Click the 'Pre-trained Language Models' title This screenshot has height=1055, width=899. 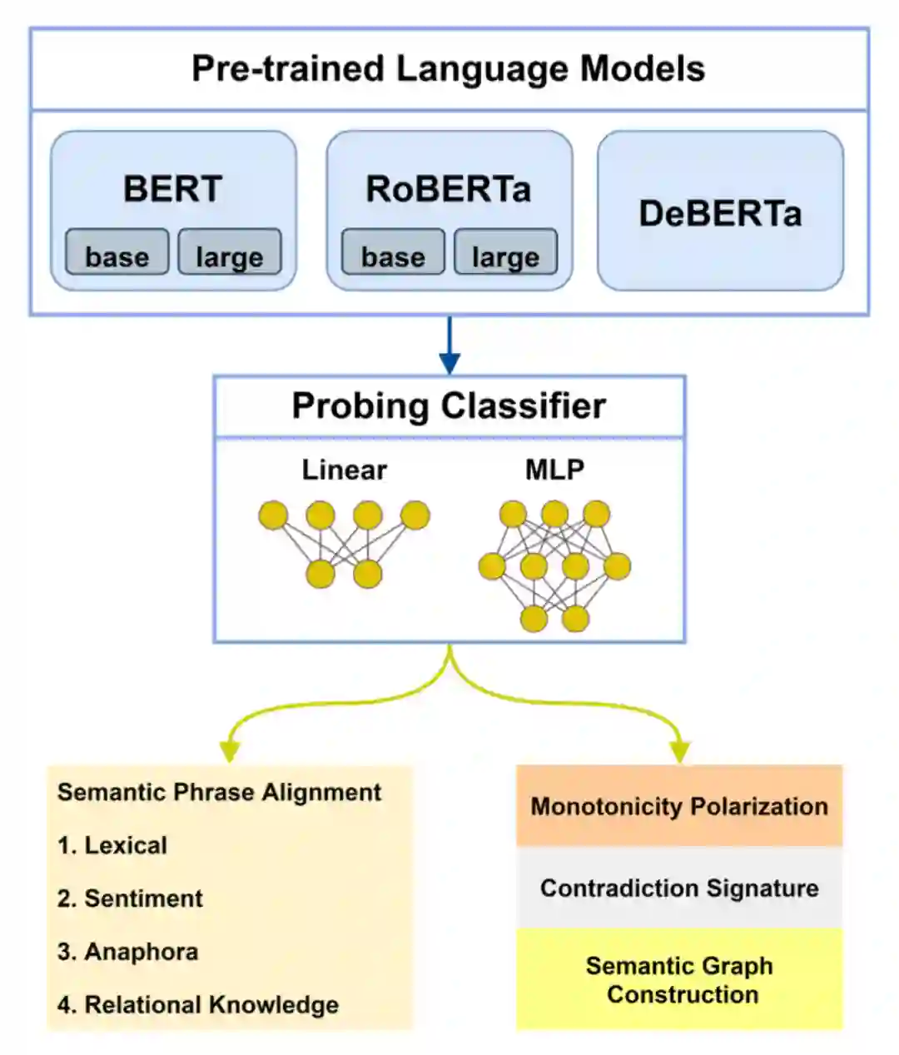(x=448, y=69)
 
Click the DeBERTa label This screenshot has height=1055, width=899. (x=720, y=214)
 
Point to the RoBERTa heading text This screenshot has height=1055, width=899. (x=449, y=189)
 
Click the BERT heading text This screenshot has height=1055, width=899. (x=173, y=189)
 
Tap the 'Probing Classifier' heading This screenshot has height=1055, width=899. (x=449, y=406)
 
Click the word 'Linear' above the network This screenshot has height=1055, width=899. (x=344, y=470)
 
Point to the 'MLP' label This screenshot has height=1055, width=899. (x=554, y=470)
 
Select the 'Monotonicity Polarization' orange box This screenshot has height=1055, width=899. (x=679, y=806)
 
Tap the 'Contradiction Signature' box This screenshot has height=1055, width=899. (x=679, y=888)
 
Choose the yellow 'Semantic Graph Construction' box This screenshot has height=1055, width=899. (x=679, y=979)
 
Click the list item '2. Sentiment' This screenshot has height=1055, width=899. (x=130, y=898)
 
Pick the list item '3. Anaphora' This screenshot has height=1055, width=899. (x=127, y=952)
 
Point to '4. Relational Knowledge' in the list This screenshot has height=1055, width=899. (x=198, y=1005)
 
